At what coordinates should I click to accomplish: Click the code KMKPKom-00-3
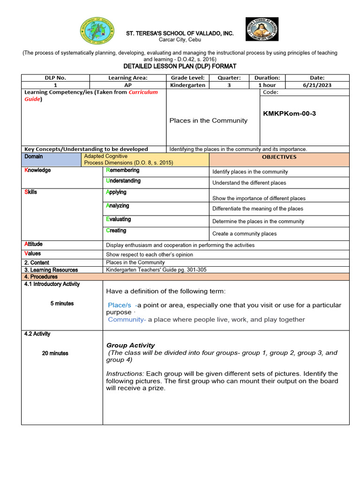coord(289,114)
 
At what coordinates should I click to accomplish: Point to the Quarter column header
coord(226,78)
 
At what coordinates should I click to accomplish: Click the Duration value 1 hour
coord(267,85)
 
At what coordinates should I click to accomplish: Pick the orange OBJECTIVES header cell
coord(279,157)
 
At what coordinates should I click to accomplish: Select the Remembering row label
coord(123,171)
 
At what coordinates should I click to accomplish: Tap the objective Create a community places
coord(244,233)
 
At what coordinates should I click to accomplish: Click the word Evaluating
coord(119,219)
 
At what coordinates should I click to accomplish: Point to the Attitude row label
coord(33,244)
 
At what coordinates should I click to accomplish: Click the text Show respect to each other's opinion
coord(150,255)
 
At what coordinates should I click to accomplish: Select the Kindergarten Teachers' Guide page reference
coord(156,270)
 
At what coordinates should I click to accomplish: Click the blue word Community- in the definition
coord(127,320)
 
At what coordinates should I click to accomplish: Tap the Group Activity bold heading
coord(130,345)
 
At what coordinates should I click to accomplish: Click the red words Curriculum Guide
coord(143,92)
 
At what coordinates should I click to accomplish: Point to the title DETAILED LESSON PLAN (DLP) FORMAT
coord(180,67)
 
